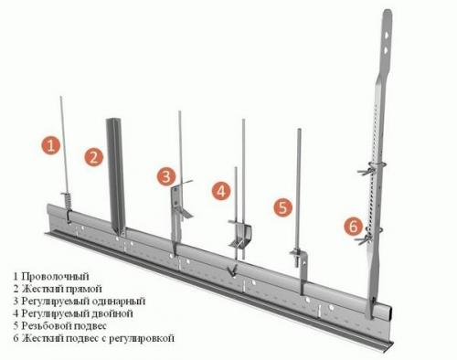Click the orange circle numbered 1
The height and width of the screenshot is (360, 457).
[52, 143]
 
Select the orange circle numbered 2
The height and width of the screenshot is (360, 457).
[93, 157]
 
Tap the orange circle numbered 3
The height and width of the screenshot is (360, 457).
[165, 175]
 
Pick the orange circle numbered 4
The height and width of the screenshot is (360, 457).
[221, 191]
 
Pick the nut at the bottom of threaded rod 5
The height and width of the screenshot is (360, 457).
[298, 254]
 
